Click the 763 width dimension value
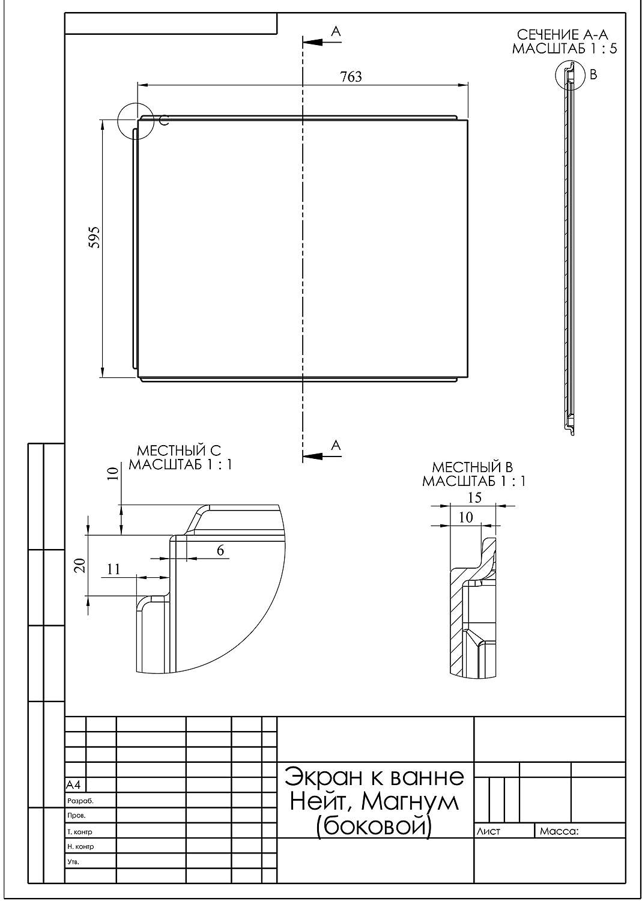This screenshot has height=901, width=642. [351, 77]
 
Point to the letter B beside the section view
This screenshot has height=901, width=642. [593, 74]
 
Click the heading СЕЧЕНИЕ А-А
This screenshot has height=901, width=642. [562, 35]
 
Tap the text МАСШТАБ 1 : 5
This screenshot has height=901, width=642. [564, 49]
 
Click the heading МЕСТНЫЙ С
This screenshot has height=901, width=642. [179, 450]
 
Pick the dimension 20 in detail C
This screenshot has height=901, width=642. [81, 566]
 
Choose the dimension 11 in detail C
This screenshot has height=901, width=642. [114, 569]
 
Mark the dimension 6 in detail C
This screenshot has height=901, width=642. [220, 550]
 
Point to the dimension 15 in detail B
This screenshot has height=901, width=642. [474, 497]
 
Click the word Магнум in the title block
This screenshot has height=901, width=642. [410, 801]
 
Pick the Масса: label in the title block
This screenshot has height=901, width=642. [559, 831]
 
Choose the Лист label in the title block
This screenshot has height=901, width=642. [488, 831]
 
